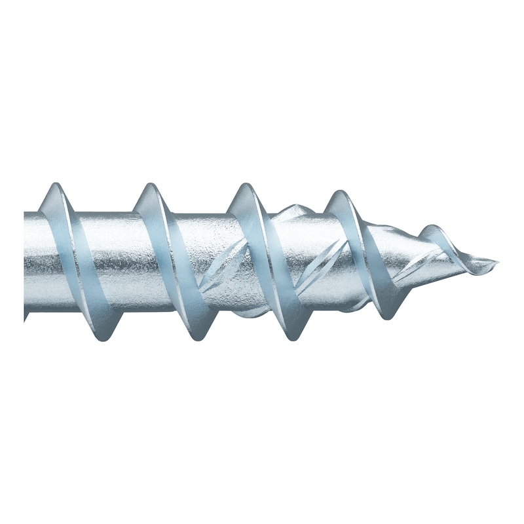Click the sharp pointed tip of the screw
coord(496,264)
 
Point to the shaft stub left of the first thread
coord(33,262)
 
